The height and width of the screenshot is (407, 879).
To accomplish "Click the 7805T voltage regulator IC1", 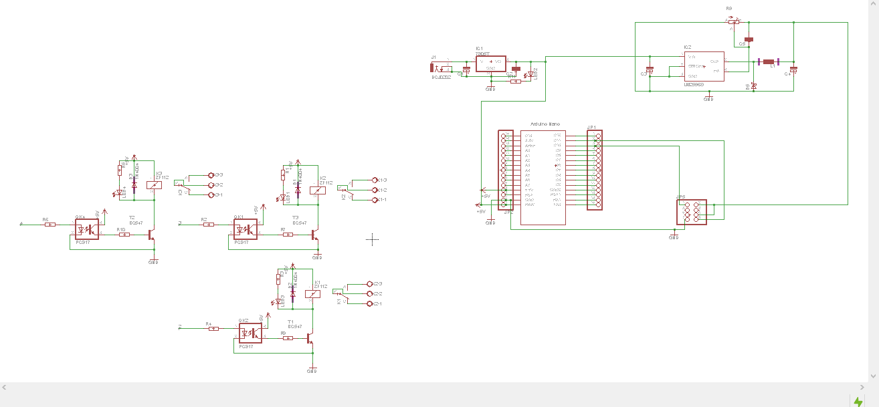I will (490, 63).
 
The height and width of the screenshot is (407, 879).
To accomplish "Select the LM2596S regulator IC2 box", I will (704, 66).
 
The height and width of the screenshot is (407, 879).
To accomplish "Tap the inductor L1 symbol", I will (768, 62).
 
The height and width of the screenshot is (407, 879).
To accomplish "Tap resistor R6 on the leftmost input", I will (50, 225).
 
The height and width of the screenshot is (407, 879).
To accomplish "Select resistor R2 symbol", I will (208, 225).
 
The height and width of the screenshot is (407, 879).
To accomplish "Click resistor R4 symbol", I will (213, 328).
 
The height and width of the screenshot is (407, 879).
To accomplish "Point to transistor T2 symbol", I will (152, 235).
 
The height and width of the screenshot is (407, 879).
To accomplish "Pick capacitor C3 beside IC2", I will (650, 70).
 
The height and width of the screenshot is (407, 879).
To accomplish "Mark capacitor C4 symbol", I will (793, 69).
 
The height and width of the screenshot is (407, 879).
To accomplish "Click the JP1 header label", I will (591, 127).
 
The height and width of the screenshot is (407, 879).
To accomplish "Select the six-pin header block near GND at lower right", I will (692, 212).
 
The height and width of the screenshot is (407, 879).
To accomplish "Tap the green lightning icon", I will (858, 401).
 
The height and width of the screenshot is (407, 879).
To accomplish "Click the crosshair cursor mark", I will (373, 239).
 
